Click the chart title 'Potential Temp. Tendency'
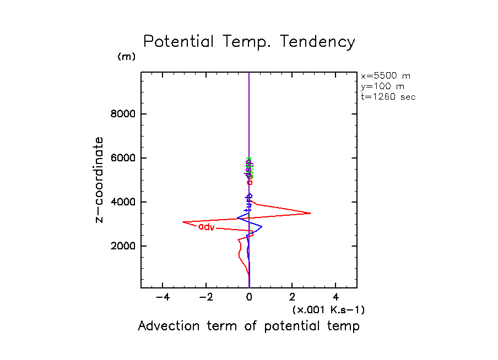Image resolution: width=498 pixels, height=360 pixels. (249, 42)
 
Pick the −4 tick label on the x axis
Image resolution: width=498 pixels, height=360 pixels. (162, 298)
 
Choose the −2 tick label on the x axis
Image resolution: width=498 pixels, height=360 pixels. (205, 298)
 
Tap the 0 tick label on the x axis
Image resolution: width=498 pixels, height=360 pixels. (250, 298)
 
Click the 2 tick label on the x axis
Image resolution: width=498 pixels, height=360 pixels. (293, 298)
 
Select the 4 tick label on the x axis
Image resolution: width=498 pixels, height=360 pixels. (336, 298)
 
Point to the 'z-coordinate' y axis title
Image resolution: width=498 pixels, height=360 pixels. (99, 180)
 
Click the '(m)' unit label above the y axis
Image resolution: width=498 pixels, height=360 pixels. (126, 57)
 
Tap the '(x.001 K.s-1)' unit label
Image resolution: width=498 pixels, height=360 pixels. (328, 310)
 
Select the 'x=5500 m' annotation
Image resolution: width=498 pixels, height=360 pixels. (385, 76)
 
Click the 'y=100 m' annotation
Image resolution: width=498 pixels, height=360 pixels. (381, 86)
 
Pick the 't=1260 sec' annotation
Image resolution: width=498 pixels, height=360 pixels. (388, 97)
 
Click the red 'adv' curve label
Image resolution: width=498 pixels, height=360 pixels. (206, 227)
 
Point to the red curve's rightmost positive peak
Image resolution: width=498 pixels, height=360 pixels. (310, 213)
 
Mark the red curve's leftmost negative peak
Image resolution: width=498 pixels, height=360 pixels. (183, 222)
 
